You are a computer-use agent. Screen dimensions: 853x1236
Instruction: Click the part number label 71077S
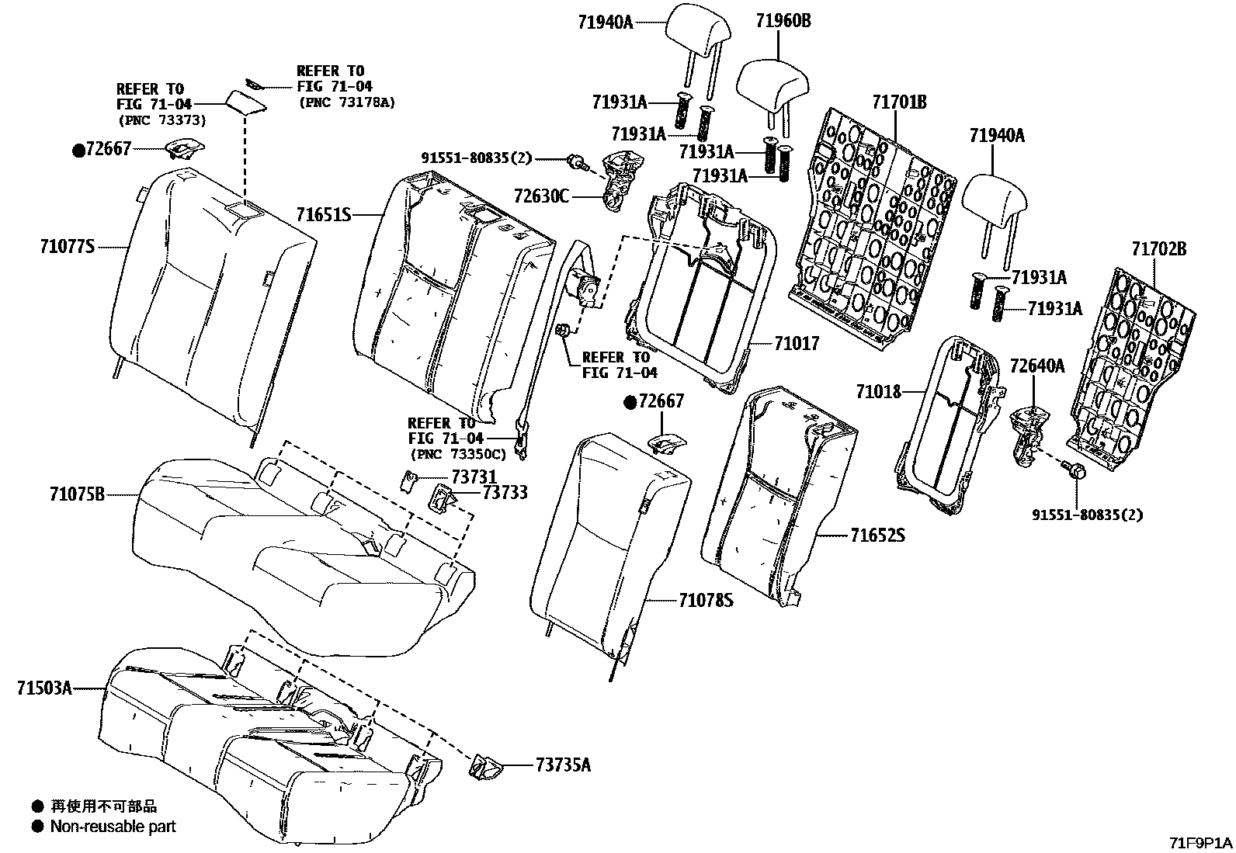(67, 247)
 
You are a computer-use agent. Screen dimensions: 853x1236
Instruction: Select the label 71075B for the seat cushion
(77, 494)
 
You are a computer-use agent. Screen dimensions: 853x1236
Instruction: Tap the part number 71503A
(44, 688)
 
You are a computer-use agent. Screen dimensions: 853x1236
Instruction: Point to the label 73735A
(563, 765)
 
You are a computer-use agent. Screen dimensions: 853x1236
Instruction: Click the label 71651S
(324, 213)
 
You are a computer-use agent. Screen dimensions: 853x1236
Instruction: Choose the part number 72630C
(541, 196)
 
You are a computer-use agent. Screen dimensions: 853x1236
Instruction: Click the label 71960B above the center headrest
(783, 21)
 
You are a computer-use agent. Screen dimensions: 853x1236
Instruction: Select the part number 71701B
(899, 102)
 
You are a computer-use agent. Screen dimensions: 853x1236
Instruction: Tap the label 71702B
(1158, 249)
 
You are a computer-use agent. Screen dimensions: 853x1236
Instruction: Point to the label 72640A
(1036, 365)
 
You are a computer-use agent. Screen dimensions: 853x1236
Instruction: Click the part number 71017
(796, 342)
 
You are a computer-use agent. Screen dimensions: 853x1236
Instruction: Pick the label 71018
(879, 392)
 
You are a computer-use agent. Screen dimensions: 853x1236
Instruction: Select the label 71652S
(877, 536)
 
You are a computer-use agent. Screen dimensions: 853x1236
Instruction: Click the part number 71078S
(706, 600)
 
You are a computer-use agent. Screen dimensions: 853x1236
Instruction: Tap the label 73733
(505, 492)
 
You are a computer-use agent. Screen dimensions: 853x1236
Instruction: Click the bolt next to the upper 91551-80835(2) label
(575, 161)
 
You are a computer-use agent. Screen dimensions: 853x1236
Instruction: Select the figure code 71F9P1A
(1201, 842)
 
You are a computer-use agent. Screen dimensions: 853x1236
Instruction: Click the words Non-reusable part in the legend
(113, 827)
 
